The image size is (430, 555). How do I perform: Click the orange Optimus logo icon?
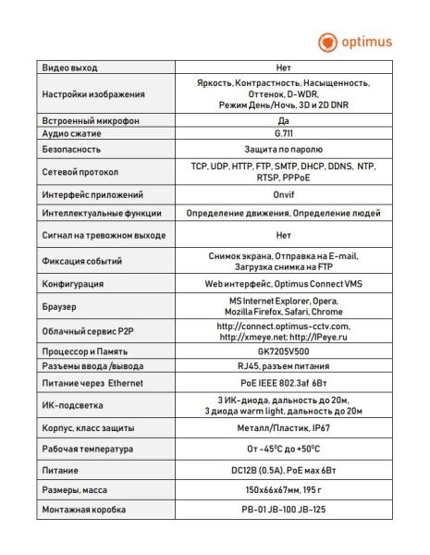pyautogui.click(x=327, y=41)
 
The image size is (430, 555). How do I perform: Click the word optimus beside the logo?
pyautogui.click(x=368, y=41)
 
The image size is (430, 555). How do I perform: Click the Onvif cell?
pyautogui.click(x=284, y=196)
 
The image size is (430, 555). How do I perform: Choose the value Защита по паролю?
pyautogui.click(x=284, y=149)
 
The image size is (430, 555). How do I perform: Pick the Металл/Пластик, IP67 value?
pyautogui.click(x=284, y=428)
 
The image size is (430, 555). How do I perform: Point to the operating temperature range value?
pyautogui.click(x=284, y=449)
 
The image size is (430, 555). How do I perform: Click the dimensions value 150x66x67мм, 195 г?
pyautogui.click(x=284, y=490)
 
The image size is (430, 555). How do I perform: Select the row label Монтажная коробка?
pyautogui.click(x=84, y=511)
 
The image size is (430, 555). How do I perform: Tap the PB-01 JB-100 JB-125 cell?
pyautogui.click(x=284, y=511)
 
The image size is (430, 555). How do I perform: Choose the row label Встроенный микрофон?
pyautogui.click(x=88, y=121)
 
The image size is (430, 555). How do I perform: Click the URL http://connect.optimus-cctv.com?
pyautogui.click(x=284, y=326)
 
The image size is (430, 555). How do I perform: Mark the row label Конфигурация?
pyautogui.click(x=73, y=283)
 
